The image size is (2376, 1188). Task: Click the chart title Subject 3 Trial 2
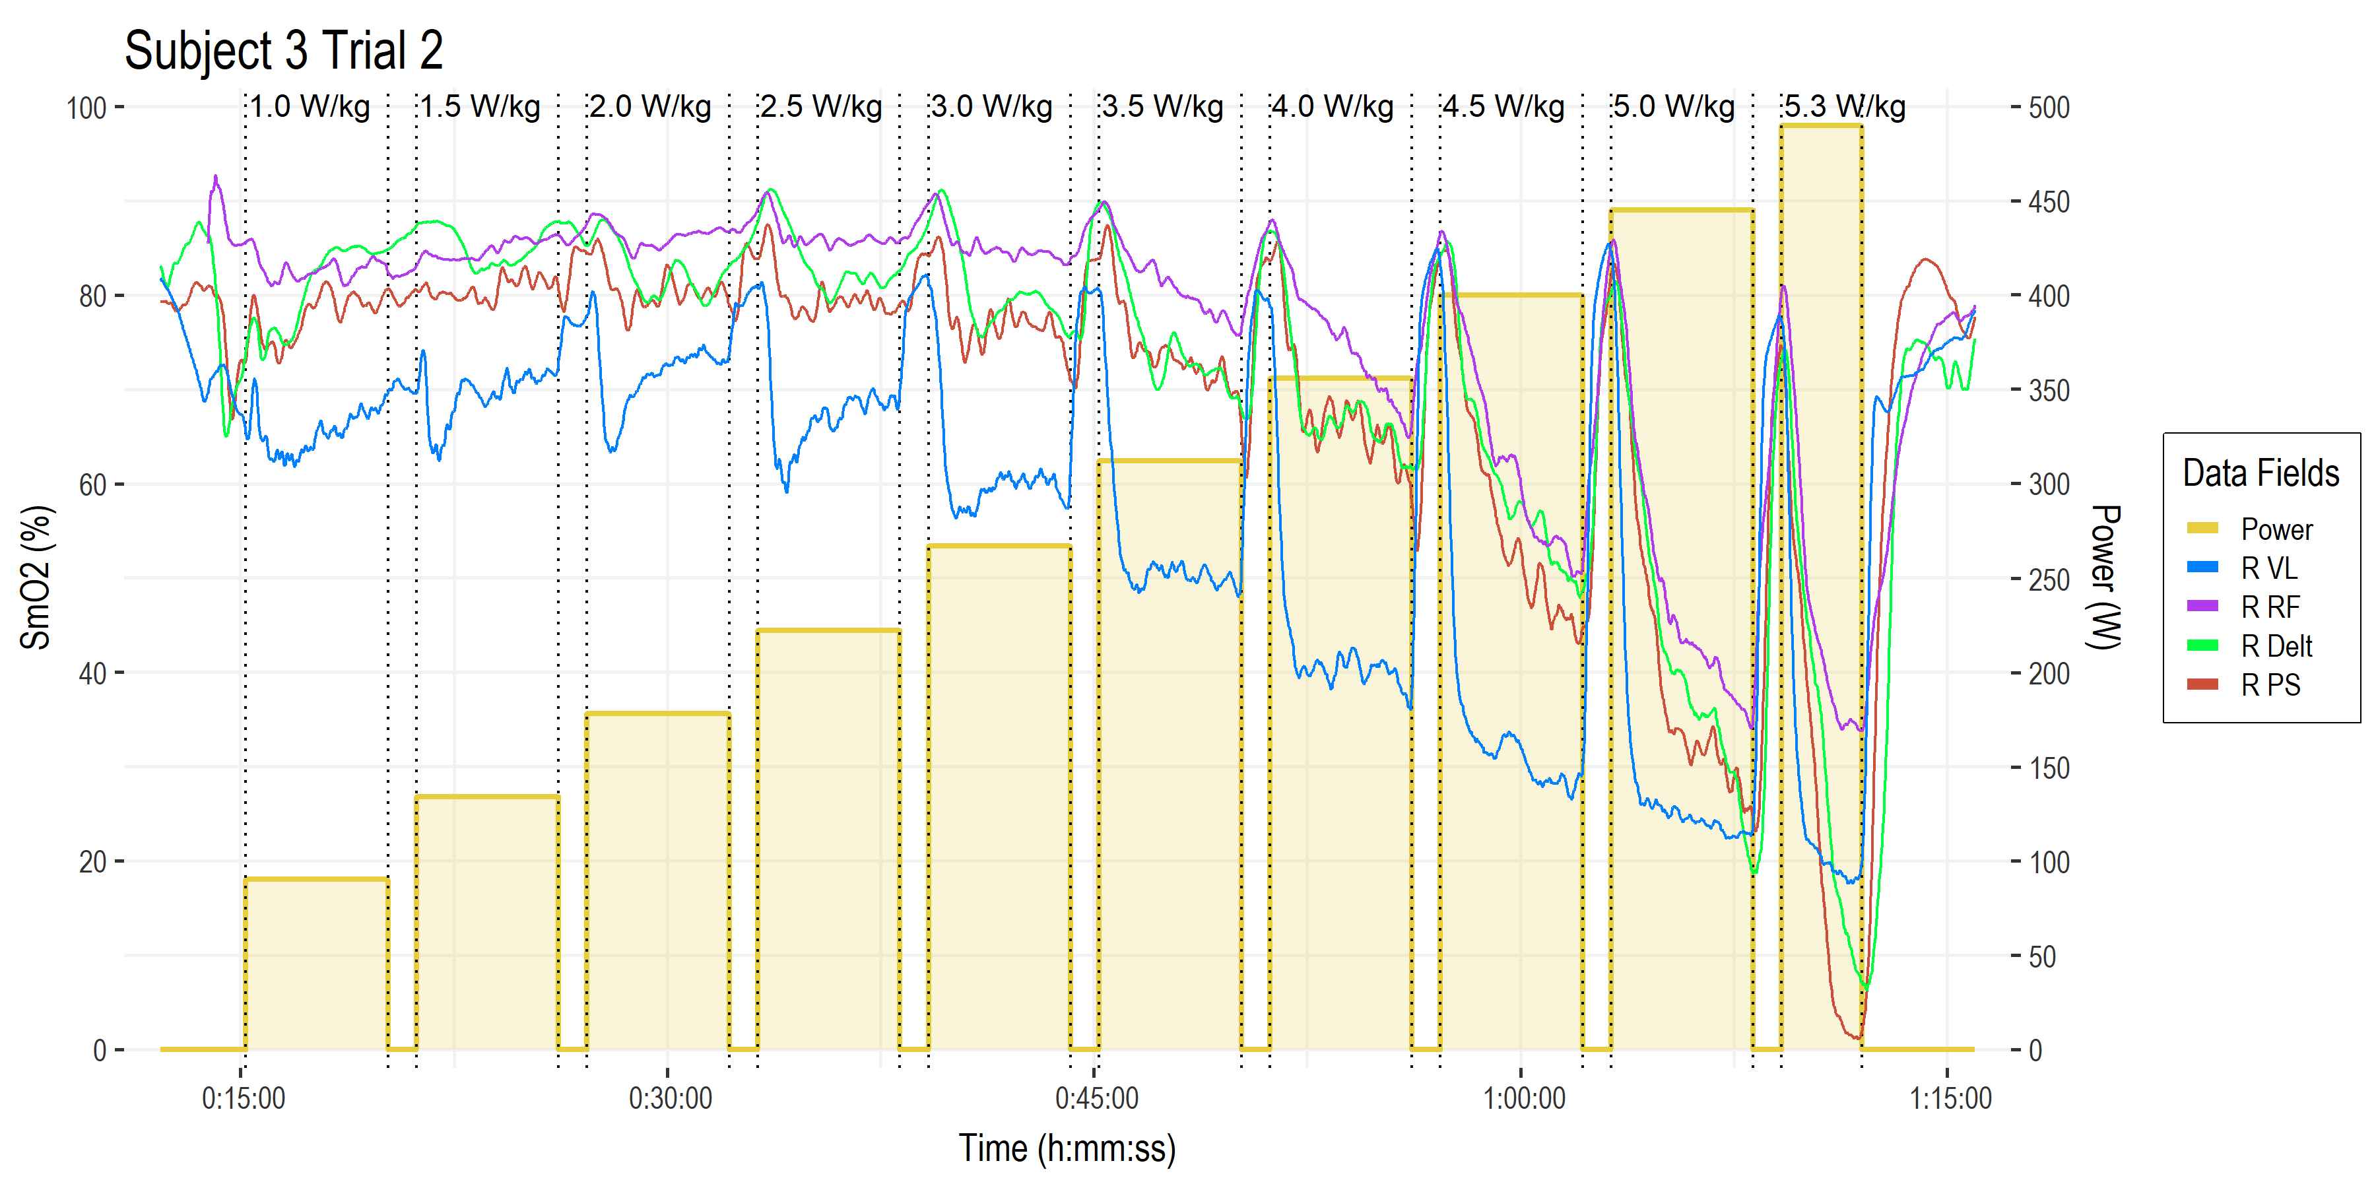[x=283, y=51]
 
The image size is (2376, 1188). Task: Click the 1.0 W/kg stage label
[x=310, y=107]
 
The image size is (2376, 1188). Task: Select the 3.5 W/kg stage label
[x=1163, y=107]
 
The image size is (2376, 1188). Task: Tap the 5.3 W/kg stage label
[x=1845, y=107]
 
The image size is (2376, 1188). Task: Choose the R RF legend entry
[x=2270, y=607]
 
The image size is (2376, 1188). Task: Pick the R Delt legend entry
[x=2276, y=645]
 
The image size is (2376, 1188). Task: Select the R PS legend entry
[x=2270, y=685]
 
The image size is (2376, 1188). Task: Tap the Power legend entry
[x=2276, y=529]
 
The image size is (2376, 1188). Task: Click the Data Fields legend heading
[x=2260, y=473]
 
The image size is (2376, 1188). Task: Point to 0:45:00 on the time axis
[x=1096, y=1098]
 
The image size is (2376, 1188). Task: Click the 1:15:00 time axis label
[x=1950, y=1098]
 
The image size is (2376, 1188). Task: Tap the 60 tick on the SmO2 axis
[x=92, y=485]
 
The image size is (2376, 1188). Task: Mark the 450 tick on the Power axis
[x=2049, y=202]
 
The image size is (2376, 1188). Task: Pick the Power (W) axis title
[x=2105, y=577]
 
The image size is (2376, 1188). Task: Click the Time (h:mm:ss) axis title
[x=1067, y=1149]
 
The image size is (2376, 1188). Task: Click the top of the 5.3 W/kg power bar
[x=1821, y=125]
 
